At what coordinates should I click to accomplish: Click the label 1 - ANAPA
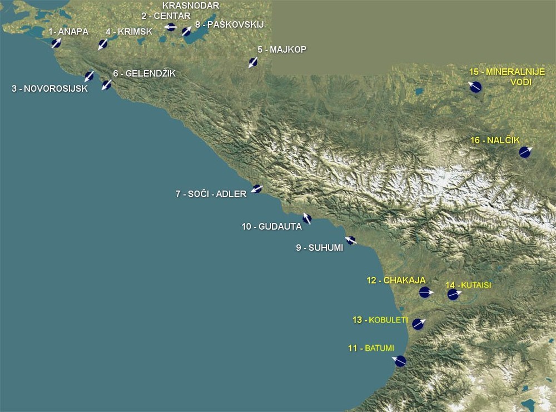pyautogui.click(x=68, y=32)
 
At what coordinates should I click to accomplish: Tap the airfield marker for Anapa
pyautogui.click(x=56, y=43)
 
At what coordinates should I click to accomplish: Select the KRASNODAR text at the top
pyautogui.click(x=183, y=6)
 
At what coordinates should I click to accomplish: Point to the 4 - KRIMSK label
pyautogui.click(x=129, y=32)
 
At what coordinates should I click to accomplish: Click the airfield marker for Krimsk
pyautogui.click(x=103, y=44)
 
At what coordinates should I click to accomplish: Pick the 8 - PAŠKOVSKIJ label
pyautogui.click(x=229, y=24)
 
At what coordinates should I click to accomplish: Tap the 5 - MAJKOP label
pyautogui.click(x=282, y=49)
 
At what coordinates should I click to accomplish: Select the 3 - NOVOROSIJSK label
pyautogui.click(x=50, y=88)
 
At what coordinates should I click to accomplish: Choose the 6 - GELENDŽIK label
pyautogui.click(x=144, y=73)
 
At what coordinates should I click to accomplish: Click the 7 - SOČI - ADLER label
pyautogui.click(x=211, y=194)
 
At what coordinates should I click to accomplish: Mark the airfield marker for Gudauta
pyautogui.click(x=307, y=219)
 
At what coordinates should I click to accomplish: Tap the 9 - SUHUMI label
pyautogui.click(x=319, y=248)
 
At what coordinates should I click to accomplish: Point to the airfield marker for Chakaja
pyautogui.click(x=425, y=292)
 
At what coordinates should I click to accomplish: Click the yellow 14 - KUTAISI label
pyautogui.click(x=469, y=285)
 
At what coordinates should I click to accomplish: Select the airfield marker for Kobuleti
pyautogui.click(x=418, y=324)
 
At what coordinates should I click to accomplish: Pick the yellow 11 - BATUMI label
pyautogui.click(x=371, y=349)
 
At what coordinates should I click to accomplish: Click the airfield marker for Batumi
pyautogui.click(x=400, y=361)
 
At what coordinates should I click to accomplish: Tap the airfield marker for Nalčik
pyautogui.click(x=524, y=152)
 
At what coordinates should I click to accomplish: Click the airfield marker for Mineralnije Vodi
pyautogui.click(x=475, y=87)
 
